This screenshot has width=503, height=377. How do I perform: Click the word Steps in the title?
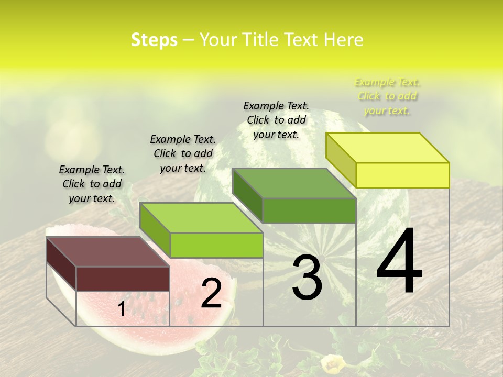click(154, 40)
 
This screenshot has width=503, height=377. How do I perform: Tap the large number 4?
click(399, 262)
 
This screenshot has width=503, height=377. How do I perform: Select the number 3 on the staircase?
click(307, 278)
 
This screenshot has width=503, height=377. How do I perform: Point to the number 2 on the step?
click(211, 294)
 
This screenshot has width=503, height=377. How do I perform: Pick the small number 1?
click(121, 309)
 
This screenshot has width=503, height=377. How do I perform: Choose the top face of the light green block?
click(201, 218)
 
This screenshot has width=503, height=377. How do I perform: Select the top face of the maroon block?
click(108, 252)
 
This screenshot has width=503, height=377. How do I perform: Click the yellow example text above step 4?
click(388, 96)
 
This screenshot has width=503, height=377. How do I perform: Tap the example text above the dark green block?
click(276, 120)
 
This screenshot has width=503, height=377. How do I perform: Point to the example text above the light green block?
click(183, 153)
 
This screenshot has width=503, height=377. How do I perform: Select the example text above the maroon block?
click(92, 184)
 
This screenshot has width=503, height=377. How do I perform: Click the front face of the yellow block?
click(402, 175)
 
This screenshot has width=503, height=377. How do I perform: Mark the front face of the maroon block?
click(123, 279)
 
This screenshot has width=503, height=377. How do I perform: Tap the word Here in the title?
click(344, 40)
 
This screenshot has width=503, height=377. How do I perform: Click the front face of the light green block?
click(216, 245)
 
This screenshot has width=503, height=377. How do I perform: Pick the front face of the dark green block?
click(309, 210)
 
